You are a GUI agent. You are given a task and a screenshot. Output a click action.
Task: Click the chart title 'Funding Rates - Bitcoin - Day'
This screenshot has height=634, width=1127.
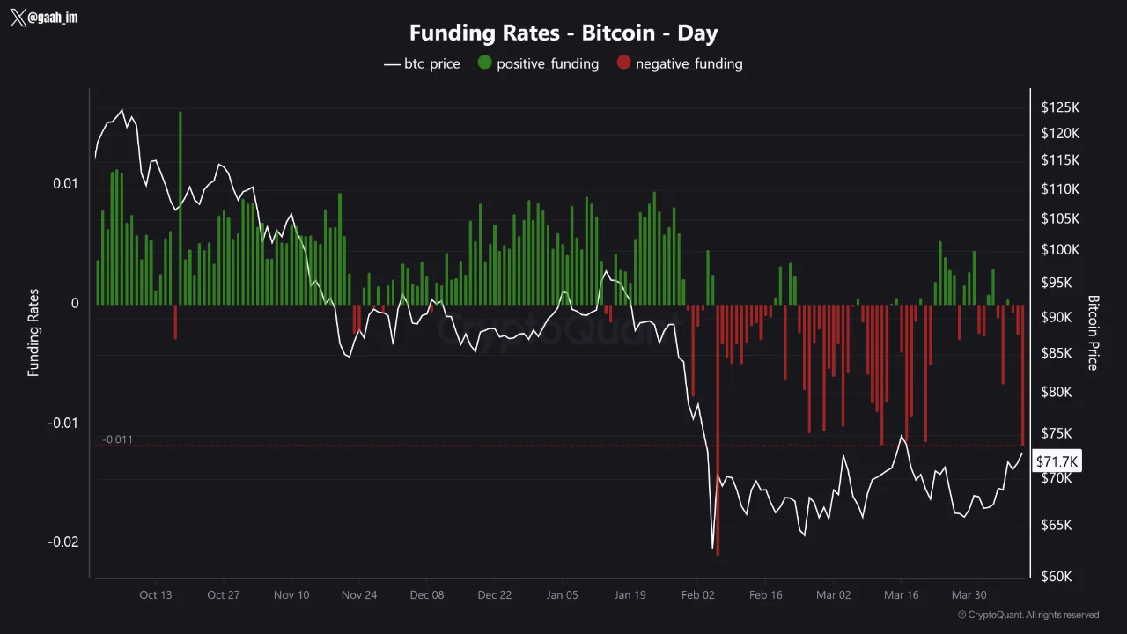click(563, 33)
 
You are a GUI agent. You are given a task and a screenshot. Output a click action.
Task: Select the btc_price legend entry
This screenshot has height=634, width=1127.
click(422, 63)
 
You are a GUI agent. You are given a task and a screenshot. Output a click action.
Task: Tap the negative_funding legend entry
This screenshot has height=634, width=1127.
click(679, 63)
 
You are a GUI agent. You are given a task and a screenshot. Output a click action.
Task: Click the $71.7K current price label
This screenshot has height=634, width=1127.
click(1057, 461)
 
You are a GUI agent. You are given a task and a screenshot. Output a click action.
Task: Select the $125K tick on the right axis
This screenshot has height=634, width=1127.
click(1059, 107)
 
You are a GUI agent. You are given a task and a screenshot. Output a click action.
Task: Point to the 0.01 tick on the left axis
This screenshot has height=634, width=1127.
click(64, 183)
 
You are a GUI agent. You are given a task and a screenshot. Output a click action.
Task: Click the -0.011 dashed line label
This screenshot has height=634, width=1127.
click(117, 439)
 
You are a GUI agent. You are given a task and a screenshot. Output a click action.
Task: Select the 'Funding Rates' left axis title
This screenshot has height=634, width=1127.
click(33, 333)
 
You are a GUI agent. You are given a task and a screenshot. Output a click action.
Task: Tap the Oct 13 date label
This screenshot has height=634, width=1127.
click(155, 594)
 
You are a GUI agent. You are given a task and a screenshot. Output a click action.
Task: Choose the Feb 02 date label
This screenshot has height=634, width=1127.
click(696, 594)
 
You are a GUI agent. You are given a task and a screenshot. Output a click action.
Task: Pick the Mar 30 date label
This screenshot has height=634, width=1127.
click(969, 594)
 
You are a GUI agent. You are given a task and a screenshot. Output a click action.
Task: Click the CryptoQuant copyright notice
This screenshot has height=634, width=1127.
click(1028, 615)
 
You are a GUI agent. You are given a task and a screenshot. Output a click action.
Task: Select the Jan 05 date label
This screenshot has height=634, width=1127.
click(562, 594)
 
